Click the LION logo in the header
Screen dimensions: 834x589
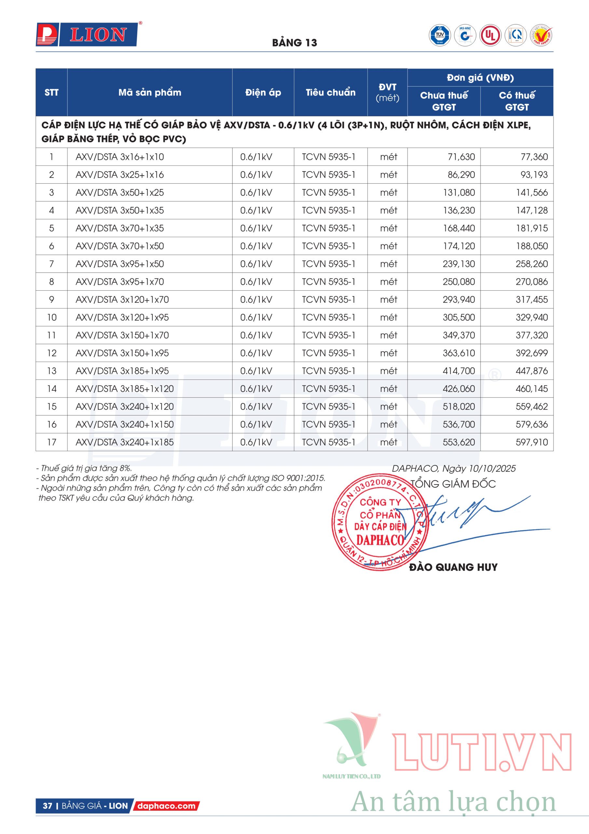[87, 35]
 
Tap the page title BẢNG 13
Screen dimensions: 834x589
[294, 43]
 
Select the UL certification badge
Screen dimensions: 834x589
[490, 35]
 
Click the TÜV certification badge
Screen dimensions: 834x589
[440, 35]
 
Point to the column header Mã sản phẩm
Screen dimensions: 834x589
[149, 92]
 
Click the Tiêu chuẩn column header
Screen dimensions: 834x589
[330, 92]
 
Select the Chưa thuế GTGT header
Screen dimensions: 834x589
[444, 101]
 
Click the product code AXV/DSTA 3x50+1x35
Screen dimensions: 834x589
[120, 210]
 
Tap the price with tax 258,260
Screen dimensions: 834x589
[532, 264]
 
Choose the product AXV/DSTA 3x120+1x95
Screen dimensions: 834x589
[122, 317]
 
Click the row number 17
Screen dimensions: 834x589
[51, 442]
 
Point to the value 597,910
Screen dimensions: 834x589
[532, 442]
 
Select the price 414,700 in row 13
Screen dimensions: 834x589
[459, 371]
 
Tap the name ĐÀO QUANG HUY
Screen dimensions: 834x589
[453, 567]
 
